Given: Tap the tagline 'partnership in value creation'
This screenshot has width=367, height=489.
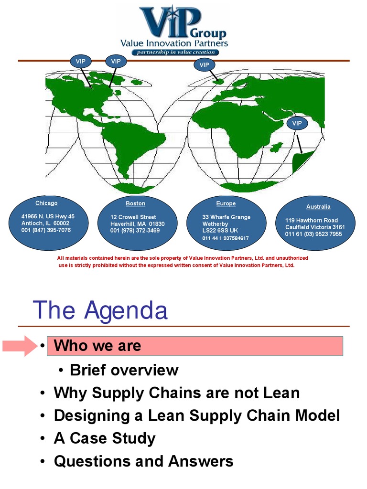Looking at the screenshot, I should [x=175, y=52].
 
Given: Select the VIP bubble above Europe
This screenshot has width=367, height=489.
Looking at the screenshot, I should [x=204, y=64].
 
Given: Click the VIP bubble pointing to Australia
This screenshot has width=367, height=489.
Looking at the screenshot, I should [x=297, y=123].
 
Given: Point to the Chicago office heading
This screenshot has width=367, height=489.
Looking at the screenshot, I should [x=46, y=203].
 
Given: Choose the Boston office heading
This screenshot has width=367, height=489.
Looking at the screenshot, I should [x=135, y=203].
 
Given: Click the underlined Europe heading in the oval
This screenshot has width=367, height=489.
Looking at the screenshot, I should [x=226, y=203].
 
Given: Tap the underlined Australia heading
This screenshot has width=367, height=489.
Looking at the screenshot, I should [x=318, y=207].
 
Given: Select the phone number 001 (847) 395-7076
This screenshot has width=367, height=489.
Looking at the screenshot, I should [x=46, y=230].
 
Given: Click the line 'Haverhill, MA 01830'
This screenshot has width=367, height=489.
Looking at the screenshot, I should [x=138, y=224].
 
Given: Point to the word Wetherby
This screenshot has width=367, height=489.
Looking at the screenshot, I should [x=215, y=224].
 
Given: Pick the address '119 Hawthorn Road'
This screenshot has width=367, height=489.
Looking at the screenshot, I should [x=312, y=221].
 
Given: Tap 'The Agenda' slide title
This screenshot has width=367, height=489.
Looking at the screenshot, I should [x=100, y=310].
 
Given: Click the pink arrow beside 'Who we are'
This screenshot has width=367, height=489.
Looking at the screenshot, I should [x=19, y=346].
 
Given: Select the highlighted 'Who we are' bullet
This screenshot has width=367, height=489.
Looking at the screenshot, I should [x=97, y=346].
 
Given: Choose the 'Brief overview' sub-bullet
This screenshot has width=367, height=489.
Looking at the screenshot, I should [x=124, y=370].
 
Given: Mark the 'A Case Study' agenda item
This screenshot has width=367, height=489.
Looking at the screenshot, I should [x=105, y=438].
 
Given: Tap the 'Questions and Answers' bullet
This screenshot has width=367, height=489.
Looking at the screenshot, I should [x=143, y=461].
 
